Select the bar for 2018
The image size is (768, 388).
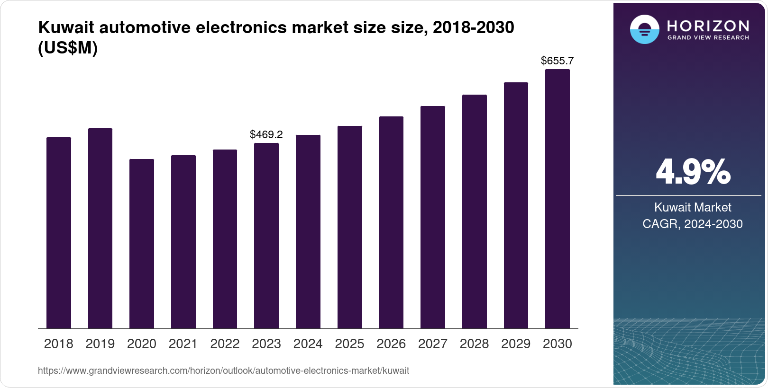tap(58, 233)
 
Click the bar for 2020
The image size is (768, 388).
tap(141, 244)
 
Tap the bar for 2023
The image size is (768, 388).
tap(266, 236)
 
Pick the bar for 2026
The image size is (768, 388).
tap(391, 222)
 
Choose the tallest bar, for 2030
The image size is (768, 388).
tap(557, 199)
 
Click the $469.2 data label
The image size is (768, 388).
tap(266, 135)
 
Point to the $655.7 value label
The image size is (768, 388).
tap(557, 61)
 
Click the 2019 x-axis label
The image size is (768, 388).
tap(100, 344)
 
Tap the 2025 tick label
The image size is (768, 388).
tap(349, 344)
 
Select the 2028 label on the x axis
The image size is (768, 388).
tap(474, 344)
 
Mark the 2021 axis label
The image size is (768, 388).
tap(183, 344)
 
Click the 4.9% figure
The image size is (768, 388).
tap(693, 172)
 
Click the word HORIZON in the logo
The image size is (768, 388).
tap(708, 26)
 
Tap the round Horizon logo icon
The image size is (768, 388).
tap(644, 29)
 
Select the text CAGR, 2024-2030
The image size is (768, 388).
tap(693, 224)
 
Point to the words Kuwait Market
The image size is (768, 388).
tap(693, 207)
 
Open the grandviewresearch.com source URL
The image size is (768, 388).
tap(223, 371)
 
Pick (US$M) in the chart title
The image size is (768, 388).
tap(68, 48)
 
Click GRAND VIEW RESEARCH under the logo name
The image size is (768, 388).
tap(708, 38)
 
